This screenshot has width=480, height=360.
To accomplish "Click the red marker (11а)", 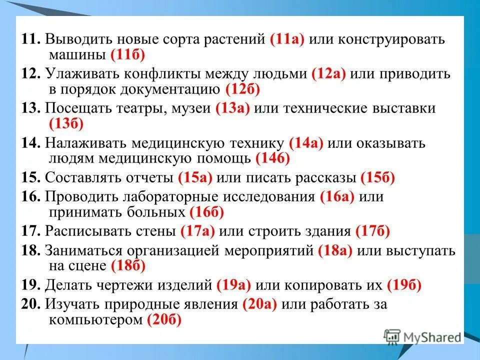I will [x=286, y=40].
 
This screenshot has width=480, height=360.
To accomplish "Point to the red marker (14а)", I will [x=306, y=143].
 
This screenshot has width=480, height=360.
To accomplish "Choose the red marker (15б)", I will [x=377, y=177].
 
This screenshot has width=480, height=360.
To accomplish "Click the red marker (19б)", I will [x=403, y=285].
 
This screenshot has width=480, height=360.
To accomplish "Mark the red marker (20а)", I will [x=259, y=304].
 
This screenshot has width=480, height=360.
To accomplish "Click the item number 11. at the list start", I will [x=30, y=40].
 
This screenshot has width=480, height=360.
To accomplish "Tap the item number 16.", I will [x=30, y=197].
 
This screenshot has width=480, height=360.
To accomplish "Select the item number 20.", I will [x=30, y=304].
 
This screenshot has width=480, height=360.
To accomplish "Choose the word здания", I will [x=324, y=231].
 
